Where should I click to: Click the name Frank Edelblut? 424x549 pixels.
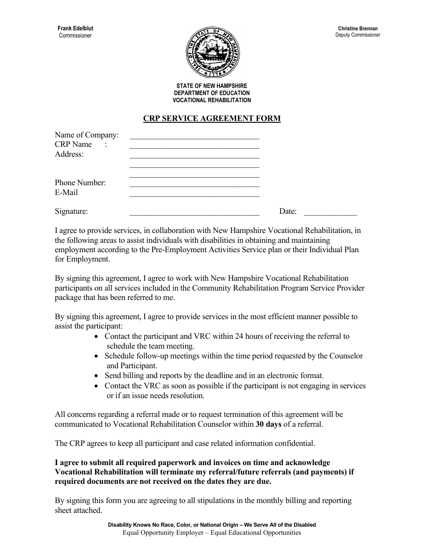coord(75,29)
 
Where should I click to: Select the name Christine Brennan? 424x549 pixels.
coord(357,29)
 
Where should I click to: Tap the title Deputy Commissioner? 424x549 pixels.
coord(358,35)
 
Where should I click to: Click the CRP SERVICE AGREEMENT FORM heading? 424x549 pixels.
coord(212,119)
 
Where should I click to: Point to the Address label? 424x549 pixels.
coord(69,154)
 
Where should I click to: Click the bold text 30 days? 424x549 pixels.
coord(268,424)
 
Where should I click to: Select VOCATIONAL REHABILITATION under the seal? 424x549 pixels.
coord(212,100)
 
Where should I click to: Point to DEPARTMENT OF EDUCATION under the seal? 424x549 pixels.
coord(212,93)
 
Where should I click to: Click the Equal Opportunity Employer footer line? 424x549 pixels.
coord(212,532)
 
